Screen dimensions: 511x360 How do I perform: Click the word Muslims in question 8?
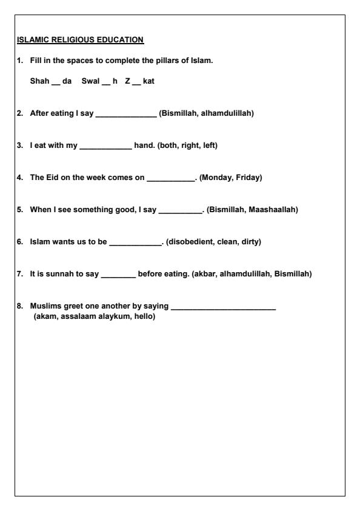pos(44,307)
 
